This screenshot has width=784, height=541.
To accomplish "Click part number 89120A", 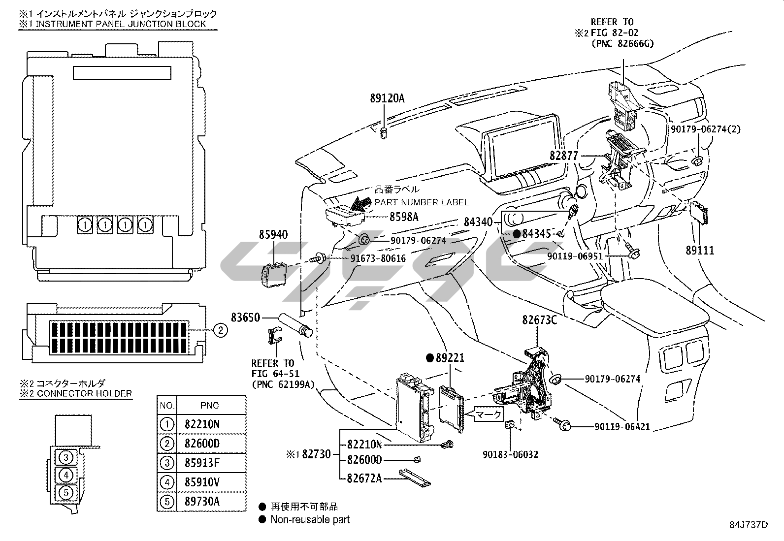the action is pos(387,98).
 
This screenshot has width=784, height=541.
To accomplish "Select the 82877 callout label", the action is pos(563,156).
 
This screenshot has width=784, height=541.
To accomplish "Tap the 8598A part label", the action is pos(404,217).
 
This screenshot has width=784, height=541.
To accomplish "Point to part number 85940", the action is pos(273,234).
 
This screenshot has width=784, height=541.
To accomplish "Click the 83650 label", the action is pos(246,318).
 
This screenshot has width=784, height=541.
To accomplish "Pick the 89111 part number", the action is pos(700,251).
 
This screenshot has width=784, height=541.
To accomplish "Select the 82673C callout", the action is pos(539,320).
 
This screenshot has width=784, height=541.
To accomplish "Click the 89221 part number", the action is pos(450,358).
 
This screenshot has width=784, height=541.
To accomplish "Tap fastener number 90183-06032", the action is pos(510,454).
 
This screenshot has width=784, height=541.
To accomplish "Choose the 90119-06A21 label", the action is pos(622,427).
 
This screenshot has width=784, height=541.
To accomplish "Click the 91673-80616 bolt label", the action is pos(378,258).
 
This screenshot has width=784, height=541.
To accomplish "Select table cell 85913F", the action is pos(202,463).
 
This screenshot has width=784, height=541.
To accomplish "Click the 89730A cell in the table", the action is pos(202,502).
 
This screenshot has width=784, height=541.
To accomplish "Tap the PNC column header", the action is pos(210,406).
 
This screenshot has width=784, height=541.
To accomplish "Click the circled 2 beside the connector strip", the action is pos(221,330).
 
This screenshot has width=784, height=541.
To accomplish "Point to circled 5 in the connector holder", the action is pos(66,493).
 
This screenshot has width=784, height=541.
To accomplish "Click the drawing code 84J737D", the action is pos(749,525).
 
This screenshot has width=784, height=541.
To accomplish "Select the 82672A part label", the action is pos(364,478).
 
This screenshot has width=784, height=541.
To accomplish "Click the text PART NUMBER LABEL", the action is pos(422,202).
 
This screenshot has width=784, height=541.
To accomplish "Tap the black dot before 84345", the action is pos(517,234).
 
